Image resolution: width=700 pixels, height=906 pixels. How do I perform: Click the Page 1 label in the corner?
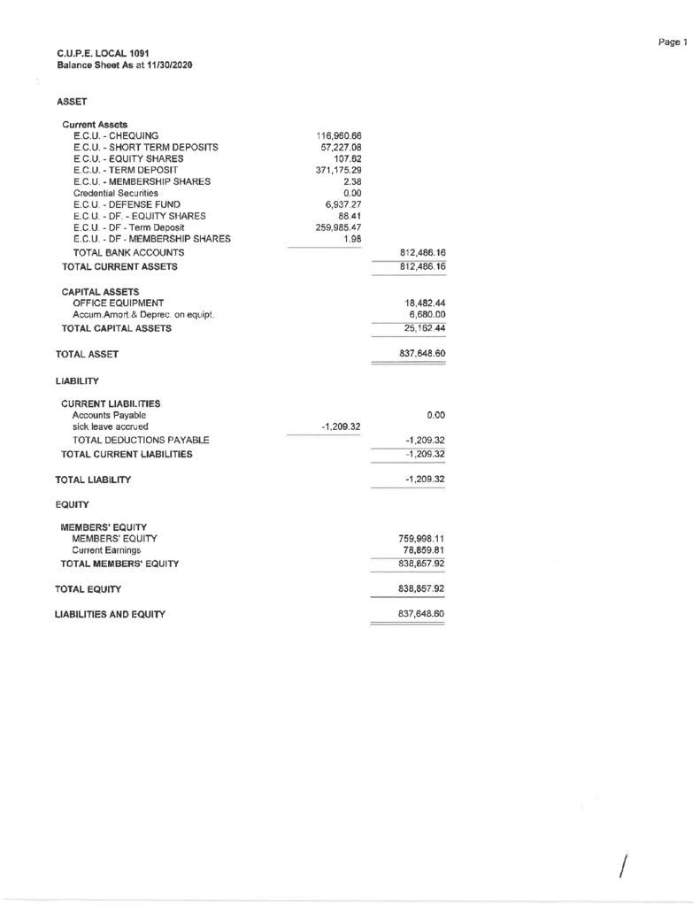(673, 42)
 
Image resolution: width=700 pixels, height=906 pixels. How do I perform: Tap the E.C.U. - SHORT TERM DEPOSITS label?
(146, 147)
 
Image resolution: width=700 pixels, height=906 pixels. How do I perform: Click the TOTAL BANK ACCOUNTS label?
(128, 252)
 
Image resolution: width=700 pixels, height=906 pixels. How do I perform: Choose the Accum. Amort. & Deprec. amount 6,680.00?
(424, 315)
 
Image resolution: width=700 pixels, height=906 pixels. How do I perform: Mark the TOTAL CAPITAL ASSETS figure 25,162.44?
(420, 329)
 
